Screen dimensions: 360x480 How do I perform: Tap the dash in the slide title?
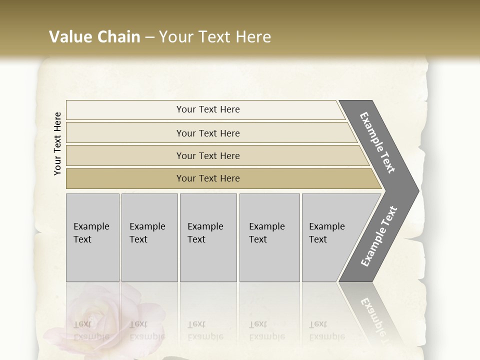(x=149, y=37)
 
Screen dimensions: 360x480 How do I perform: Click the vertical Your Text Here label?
(x=57, y=143)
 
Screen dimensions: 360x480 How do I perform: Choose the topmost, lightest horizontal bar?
(x=208, y=109)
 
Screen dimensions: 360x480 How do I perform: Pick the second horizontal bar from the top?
(x=208, y=133)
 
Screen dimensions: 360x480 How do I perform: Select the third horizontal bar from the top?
(x=208, y=155)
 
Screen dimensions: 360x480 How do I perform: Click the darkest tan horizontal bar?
(x=208, y=178)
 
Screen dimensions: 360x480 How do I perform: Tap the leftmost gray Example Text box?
(x=92, y=237)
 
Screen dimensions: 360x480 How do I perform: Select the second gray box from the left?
(x=149, y=237)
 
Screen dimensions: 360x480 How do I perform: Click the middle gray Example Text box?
(x=208, y=237)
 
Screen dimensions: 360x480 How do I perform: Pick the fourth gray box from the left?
(x=269, y=237)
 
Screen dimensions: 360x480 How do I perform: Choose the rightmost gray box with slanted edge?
(x=330, y=237)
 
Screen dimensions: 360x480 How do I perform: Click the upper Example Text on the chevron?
(x=378, y=142)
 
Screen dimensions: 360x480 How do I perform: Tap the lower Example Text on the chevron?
(x=379, y=236)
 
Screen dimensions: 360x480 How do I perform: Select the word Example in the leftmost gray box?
(x=91, y=226)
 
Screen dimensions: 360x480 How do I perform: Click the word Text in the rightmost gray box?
(x=318, y=239)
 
